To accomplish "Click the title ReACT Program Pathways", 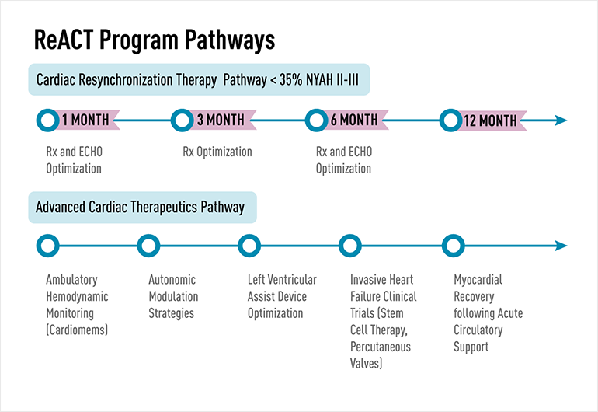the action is (x=155, y=40).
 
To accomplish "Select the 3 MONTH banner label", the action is (x=221, y=120).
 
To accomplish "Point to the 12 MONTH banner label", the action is (x=490, y=120).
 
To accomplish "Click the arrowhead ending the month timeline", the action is (x=561, y=120).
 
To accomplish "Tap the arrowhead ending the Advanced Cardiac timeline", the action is (x=561, y=246).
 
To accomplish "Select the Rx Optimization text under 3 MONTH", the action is (x=217, y=152).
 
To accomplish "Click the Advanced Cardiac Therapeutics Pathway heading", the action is (x=140, y=207).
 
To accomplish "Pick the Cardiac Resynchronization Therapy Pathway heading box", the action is (x=199, y=79).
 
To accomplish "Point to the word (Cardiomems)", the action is (x=77, y=330).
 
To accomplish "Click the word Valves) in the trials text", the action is (x=366, y=363).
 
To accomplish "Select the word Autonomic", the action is (x=172, y=280).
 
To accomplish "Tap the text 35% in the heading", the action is (x=290, y=79).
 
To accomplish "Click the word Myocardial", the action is (x=478, y=280).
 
